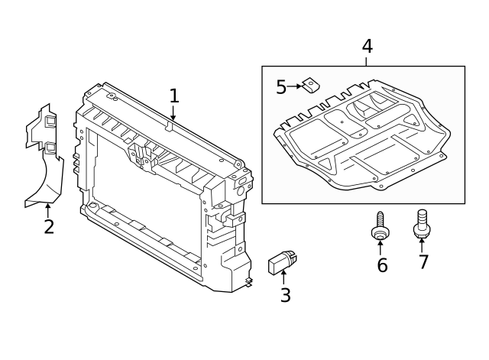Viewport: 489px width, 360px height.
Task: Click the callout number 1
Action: tap(174, 96)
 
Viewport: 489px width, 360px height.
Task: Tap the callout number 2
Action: tap(49, 227)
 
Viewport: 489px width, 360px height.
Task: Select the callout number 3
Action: tap(285, 295)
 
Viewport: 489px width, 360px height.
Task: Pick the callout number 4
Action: tap(367, 46)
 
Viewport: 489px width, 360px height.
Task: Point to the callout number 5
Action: tap(281, 87)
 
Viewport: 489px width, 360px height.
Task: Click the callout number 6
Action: tap(382, 265)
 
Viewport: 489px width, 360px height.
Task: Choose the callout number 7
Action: tap(423, 262)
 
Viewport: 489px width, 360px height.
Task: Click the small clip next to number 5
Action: tap(311, 86)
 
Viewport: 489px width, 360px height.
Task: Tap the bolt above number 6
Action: tap(380, 228)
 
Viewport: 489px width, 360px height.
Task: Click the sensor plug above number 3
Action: tap(280, 263)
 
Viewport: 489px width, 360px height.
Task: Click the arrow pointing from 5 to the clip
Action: tap(295, 87)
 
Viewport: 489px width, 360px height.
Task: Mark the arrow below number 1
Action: tap(173, 113)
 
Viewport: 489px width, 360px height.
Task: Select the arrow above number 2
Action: tap(47, 209)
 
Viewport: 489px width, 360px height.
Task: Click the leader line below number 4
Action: tap(367, 61)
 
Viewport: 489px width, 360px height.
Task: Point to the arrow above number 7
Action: tap(421, 245)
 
